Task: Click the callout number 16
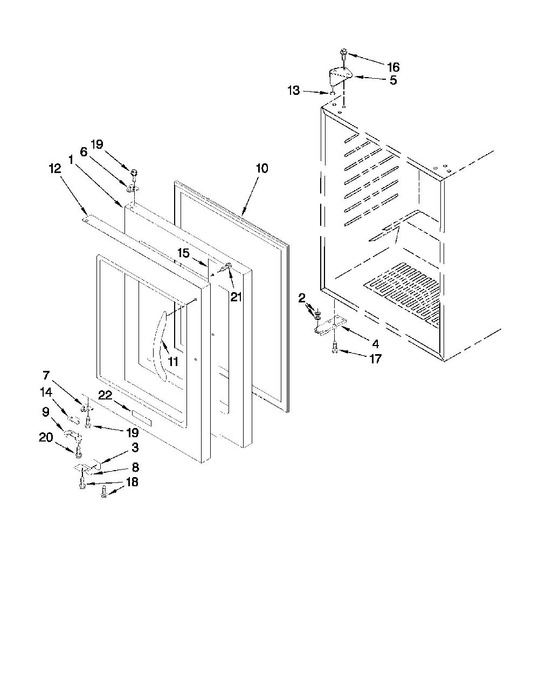(x=393, y=67)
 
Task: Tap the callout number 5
(x=393, y=80)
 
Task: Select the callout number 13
(x=294, y=91)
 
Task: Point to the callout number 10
(x=262, y=168)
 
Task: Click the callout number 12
(x=55, y=169)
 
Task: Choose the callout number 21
(x=236, y=298)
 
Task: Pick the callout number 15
(x=184, y=253)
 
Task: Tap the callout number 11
(x=173, y=362)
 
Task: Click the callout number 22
(x=105, y=396)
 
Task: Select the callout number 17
(x=376, y=359)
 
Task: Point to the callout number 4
(x=376, y=344)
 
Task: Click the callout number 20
(x=46, y=437)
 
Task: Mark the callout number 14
(x=46, y=392)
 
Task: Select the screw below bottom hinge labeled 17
(x=335, y=348)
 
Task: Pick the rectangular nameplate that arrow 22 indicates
(x=141, y=418)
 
